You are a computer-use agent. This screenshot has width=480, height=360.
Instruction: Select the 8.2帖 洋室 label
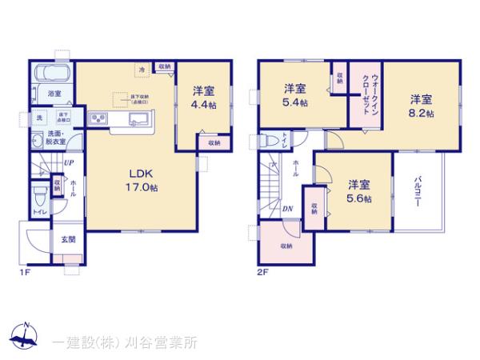422,106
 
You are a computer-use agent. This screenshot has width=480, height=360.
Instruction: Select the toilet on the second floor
270,142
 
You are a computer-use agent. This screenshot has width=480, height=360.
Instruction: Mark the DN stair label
286,210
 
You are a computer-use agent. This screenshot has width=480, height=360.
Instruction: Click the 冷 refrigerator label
142,70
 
